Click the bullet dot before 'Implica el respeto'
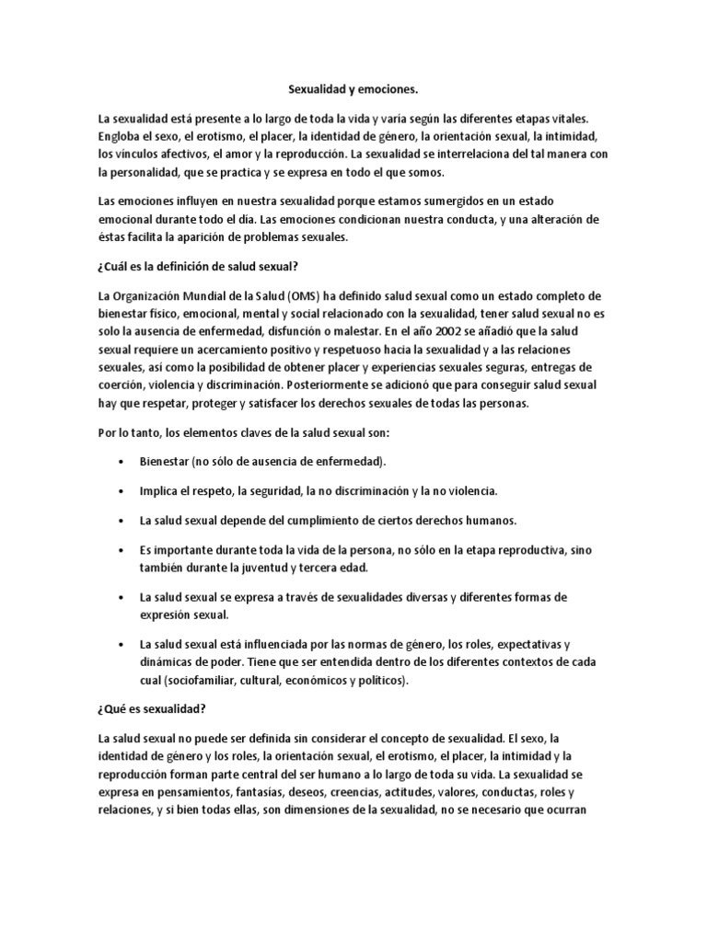coord(122,491)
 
